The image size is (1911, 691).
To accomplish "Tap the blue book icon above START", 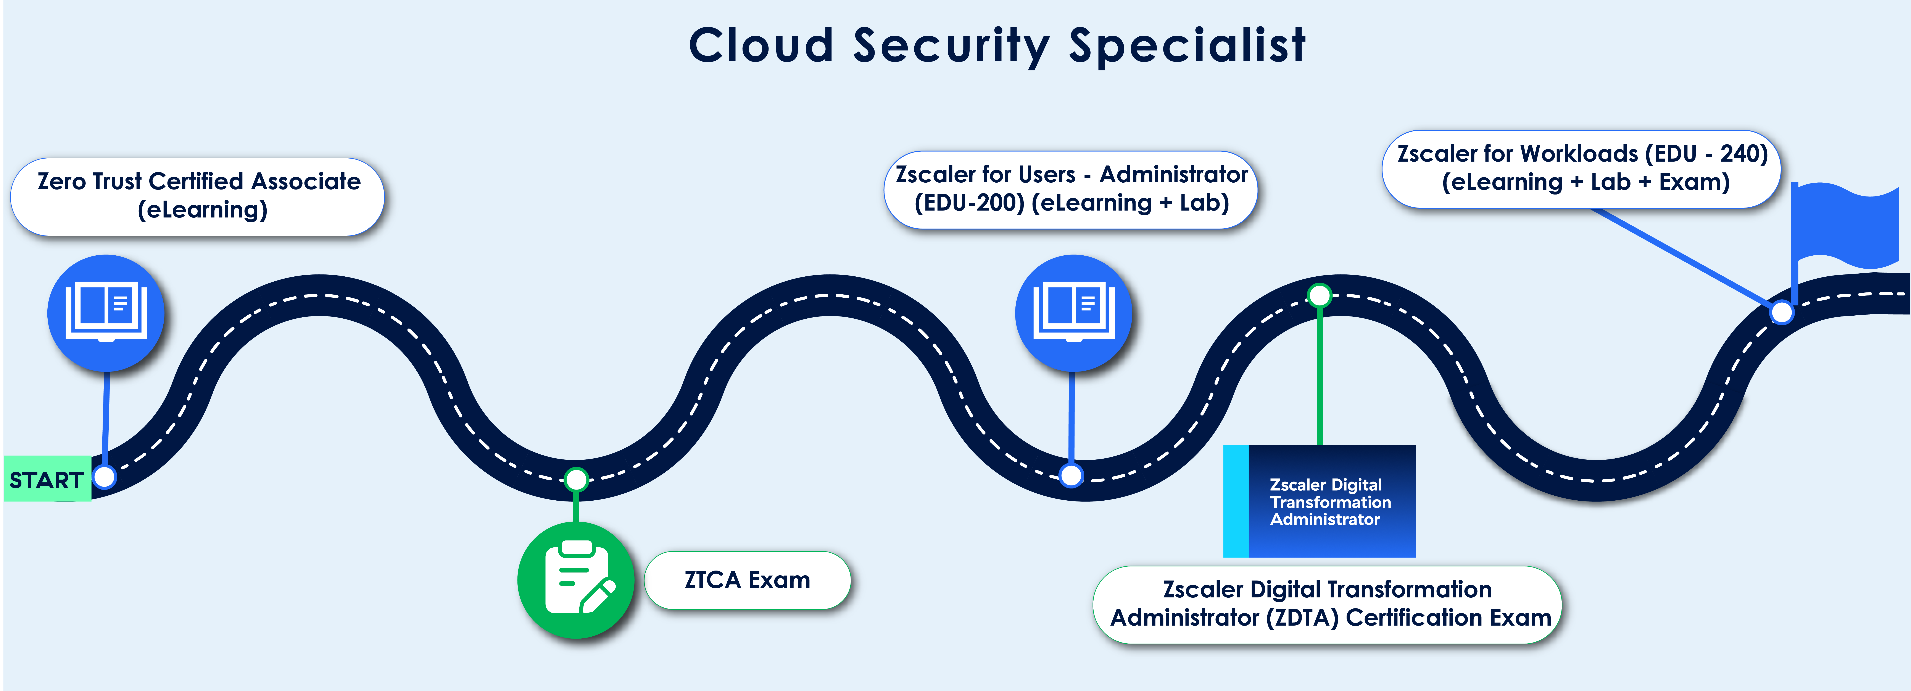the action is tap(106, 313).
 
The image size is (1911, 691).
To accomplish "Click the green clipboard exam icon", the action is tap(576, 580).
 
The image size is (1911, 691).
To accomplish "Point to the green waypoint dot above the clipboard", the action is tap(576, 479).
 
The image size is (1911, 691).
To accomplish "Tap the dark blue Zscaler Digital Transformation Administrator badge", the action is tap(1320, 501).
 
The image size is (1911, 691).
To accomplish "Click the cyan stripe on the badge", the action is tap(1236, 501).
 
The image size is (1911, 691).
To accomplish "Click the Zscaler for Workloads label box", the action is tap(1582, 169).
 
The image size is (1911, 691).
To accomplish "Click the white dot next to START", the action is tap(105, 477).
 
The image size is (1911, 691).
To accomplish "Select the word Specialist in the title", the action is tap(1187, 46).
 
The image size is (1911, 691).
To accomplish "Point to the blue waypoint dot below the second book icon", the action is tap(1071, 475).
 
